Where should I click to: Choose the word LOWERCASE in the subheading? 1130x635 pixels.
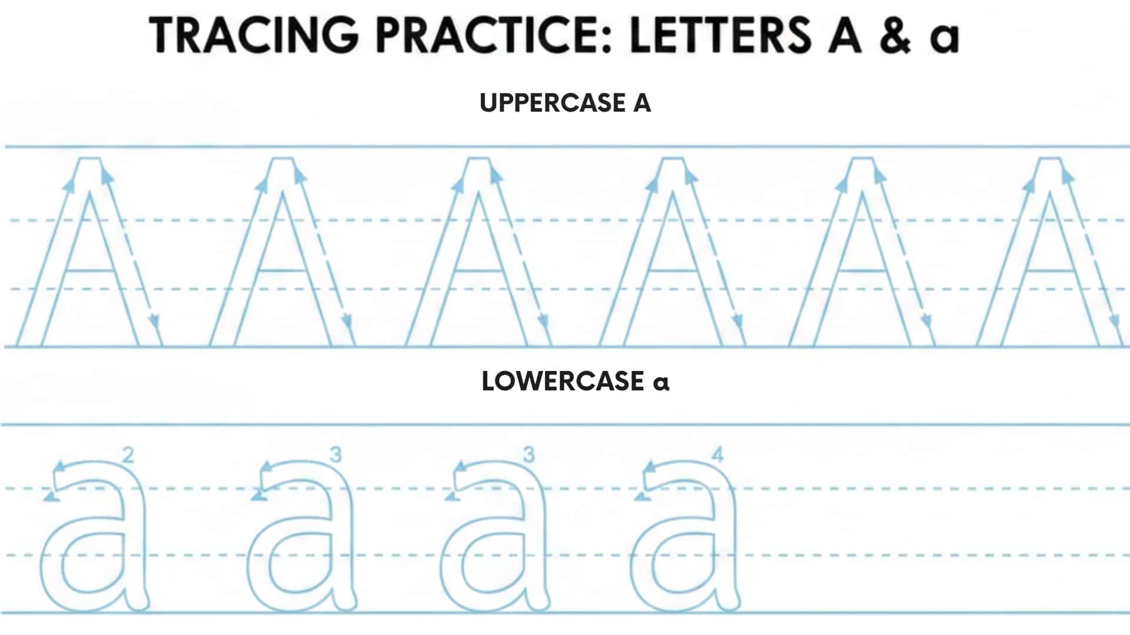click(x=563, y=382)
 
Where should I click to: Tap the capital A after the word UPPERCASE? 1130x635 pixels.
click(x=642, y=103)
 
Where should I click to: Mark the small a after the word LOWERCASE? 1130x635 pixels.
click(x=661, y=383)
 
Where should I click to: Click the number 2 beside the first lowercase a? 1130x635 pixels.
click(x=128, y=455)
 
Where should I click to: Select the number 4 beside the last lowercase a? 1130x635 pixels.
click(x=717, y=454)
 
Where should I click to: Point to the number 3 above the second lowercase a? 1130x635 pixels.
click(x=335, y=454)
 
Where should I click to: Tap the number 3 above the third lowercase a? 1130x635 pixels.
click(x=529, y=454)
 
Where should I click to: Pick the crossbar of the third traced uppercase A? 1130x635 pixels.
click(x=478, y=271)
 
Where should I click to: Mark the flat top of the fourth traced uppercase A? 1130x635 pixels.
click(x=672, y=158)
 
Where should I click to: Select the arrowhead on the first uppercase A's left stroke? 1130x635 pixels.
click(x=69, y=185)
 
